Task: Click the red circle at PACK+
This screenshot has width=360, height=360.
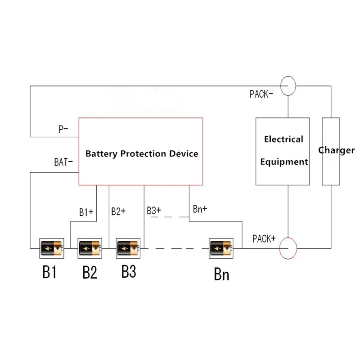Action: [288, 247]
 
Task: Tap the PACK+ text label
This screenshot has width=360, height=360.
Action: [264, 238]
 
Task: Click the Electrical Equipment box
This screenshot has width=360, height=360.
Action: [283, 151]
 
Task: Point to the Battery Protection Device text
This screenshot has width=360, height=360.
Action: [142, 153]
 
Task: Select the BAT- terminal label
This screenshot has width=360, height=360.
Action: [63, 162]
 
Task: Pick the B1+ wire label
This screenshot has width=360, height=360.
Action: [86, 212]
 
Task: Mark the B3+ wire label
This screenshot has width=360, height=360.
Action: [154, 210]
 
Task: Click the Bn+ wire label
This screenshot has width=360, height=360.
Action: [200, 209]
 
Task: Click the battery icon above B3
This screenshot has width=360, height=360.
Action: [129, 247]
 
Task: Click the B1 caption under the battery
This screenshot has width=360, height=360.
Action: [49, 273]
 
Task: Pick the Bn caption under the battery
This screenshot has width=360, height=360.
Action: [221, 274]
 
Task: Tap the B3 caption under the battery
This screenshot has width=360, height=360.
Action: [129, 271]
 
